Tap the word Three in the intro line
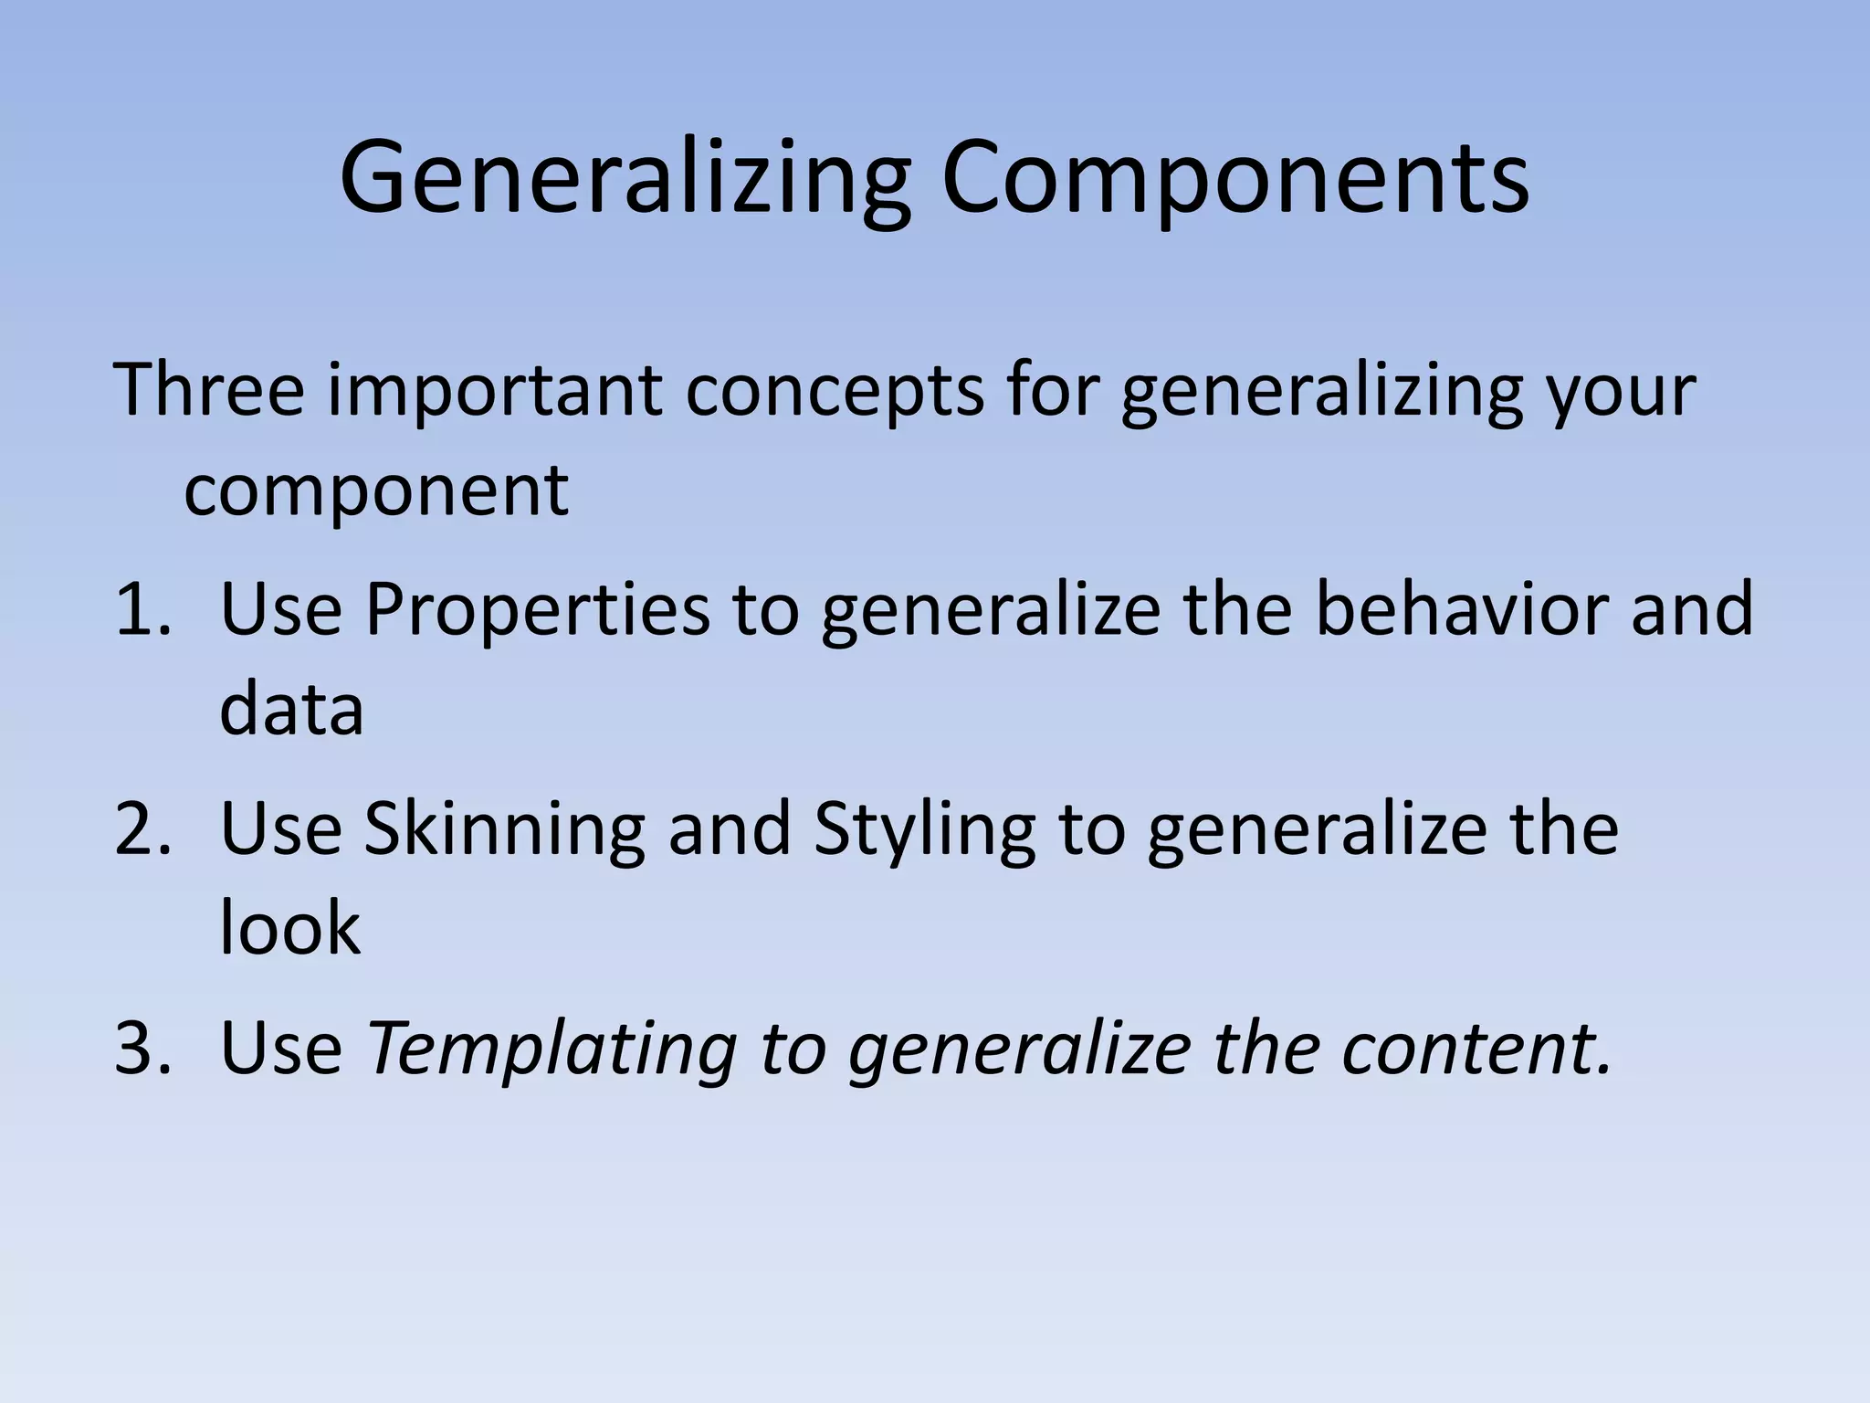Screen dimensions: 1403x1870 (x=209, y=390)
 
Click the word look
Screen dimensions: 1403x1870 (x=289, y=928)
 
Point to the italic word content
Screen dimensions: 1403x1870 (x=1476, y=1049)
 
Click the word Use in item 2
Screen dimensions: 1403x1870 (x=281, y=829)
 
